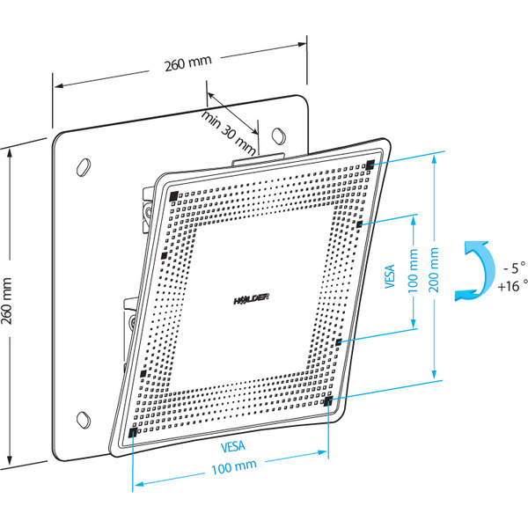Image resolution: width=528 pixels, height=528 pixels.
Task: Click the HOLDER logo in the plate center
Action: coord(252,300)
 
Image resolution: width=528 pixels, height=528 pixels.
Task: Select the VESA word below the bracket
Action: coord(231,446)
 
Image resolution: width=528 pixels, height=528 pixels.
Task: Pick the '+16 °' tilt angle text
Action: coord(512,286)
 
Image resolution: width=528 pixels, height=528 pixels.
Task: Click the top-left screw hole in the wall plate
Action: coord(86,165)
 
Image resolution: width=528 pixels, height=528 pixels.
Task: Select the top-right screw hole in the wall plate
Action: coord(279,136)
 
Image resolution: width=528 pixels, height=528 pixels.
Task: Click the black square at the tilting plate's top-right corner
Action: coord(370,165)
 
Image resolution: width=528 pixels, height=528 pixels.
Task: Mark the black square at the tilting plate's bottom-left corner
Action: coord(132,433)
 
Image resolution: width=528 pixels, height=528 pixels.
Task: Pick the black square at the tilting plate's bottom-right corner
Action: coord(327,401)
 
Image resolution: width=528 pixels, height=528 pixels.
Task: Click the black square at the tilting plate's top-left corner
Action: coord(172,195)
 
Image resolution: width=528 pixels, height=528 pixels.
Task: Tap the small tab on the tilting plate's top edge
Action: coord(259,158)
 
